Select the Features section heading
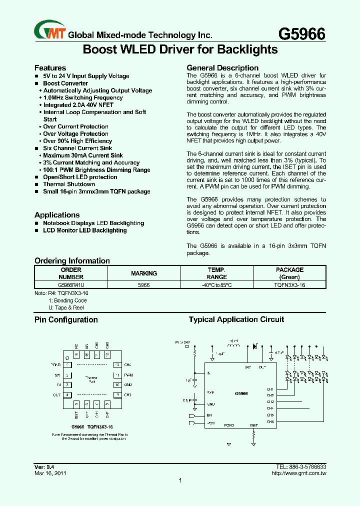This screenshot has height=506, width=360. tap(50, 67)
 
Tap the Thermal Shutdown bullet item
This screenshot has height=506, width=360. tap(69, 184)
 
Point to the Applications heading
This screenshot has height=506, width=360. tap(57, 214)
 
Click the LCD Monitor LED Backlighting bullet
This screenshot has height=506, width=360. tap(85, 230)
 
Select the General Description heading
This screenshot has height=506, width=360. tap(222, 67)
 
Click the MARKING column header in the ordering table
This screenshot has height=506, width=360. tap(144, 273)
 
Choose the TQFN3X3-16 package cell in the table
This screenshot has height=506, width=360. tap(289, 284)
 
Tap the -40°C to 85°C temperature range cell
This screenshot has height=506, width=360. tap(216, 284)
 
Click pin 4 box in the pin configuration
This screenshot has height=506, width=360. tap(67, 395)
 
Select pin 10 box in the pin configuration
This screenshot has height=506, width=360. tap(117, 385)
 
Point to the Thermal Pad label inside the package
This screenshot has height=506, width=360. tap(91, 379)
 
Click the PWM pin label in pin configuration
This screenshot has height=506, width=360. tap(128, 375)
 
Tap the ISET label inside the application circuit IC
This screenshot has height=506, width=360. tap(254, 425)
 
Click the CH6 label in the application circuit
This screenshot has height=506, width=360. tap(270, 421)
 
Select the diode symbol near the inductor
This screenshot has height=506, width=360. tap(255, 345)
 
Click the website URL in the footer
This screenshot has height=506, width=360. tap(299, 473)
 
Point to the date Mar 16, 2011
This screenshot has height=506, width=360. tap(50, 473)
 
